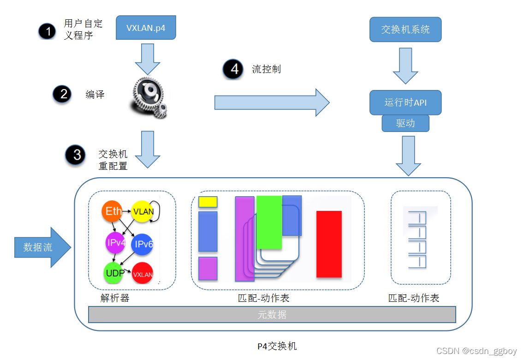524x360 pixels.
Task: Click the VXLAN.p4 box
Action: (146, 29)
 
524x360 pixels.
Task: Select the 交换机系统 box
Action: (405, 30)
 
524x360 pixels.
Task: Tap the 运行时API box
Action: (405, 102)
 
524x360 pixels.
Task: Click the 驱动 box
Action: (405, 123)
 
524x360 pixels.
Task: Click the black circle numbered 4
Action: (233, 69)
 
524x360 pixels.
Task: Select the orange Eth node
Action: (113, 211)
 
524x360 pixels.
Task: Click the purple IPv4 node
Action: (116, 242)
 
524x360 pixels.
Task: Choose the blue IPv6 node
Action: (143, 245)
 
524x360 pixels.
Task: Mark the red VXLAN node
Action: (143, 274)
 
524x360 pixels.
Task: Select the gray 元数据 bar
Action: (272, 315)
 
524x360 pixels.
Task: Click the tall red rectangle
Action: (329, 244)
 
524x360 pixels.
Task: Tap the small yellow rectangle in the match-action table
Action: (208, 202)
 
